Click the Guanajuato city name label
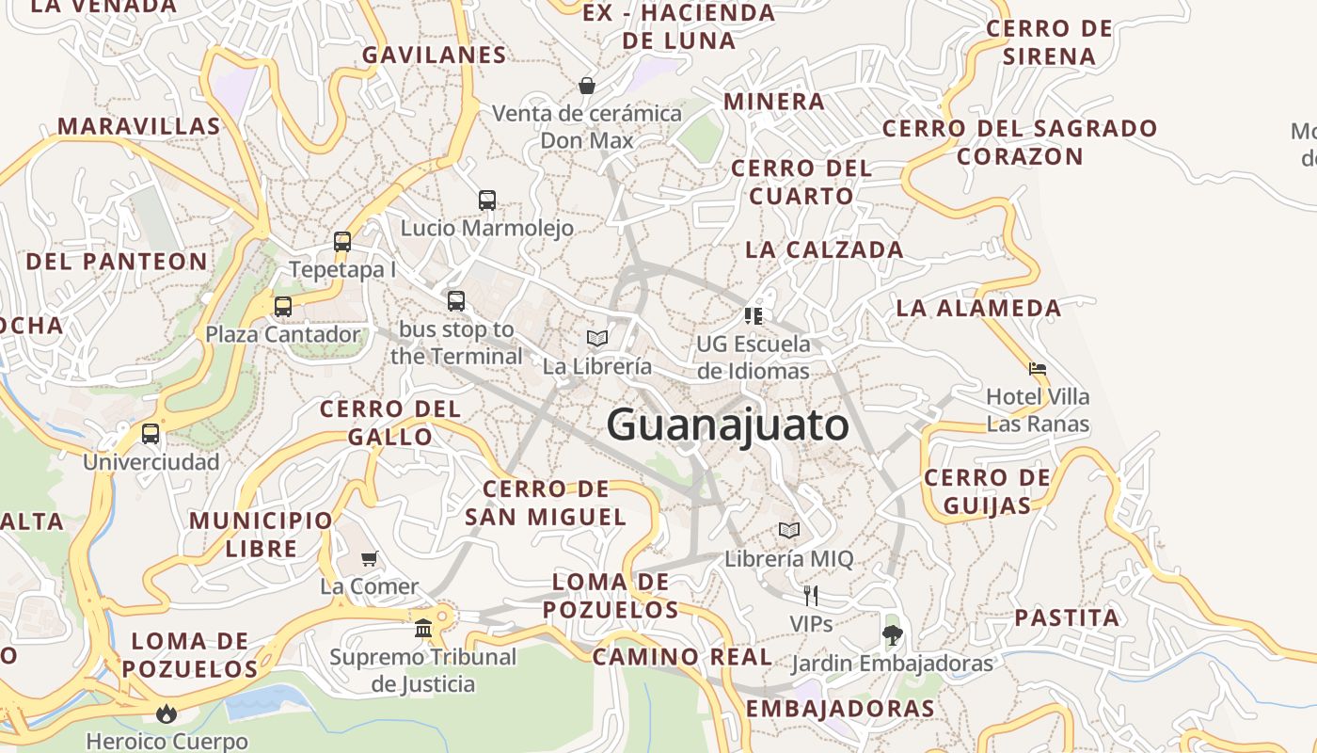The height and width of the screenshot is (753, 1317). click(x=727, y=425)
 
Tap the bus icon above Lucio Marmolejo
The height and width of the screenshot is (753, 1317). click(x=486, y=200)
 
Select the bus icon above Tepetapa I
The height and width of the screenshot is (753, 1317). click(x=342, y=242)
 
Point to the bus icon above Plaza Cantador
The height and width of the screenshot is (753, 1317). click(x=283, y=306)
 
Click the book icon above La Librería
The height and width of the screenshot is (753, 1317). click(x=596, y=338)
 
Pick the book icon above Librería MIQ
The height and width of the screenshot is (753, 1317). click(x=789, y=530)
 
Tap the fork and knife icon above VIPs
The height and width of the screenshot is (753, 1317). click(x=811, y=595)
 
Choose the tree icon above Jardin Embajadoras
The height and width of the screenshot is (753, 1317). click(x=892, y=634)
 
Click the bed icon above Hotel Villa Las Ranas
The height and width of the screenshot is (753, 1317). click(x=1038, y=368)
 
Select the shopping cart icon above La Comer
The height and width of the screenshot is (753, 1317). click(x=370, y=558)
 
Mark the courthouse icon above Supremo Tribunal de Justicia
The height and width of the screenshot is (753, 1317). click(x=423, y=628)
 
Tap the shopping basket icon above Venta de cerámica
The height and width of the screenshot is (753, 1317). click(x=587, y=86)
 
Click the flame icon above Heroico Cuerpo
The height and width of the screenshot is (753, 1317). click(x=167, y=713)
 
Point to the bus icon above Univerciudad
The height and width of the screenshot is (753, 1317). click(x=151, y=434)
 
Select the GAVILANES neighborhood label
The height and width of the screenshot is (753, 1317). click(x=435, y=56)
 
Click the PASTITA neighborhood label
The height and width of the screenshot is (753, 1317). click(x=1067, y=618)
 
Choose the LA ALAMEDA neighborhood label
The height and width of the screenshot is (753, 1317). click(x=978, y=308)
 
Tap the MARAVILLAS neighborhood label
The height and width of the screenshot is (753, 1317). click(x=139, y=126)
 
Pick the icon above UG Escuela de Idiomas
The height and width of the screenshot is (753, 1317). click(x=753, y=315)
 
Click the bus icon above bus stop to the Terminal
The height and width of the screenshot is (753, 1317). click(x=456, y=301)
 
